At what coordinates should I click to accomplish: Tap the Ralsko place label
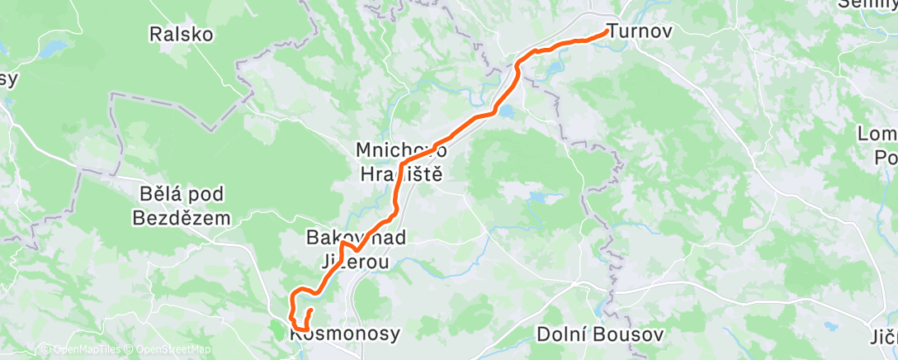[x=181, y=35]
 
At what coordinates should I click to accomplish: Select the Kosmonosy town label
[x=346, y=334]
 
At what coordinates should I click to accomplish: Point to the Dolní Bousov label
[x=587, y=334]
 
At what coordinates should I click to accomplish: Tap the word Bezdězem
[x=182, y=218]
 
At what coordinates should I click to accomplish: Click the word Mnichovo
[x=400, y=151]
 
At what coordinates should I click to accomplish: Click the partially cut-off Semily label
[x=867, y=4]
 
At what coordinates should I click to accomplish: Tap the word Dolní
[x=560, y=334]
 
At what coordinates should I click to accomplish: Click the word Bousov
[x=612, y=334]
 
